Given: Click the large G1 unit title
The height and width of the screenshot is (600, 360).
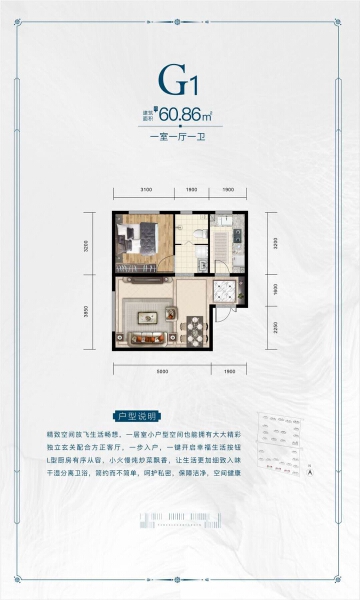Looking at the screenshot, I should (x=181, y=80).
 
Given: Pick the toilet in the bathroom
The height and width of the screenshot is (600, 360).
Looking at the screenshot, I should (x=202, y=232).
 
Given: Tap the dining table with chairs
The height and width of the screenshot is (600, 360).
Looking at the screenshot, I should (x=194, y=327).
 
